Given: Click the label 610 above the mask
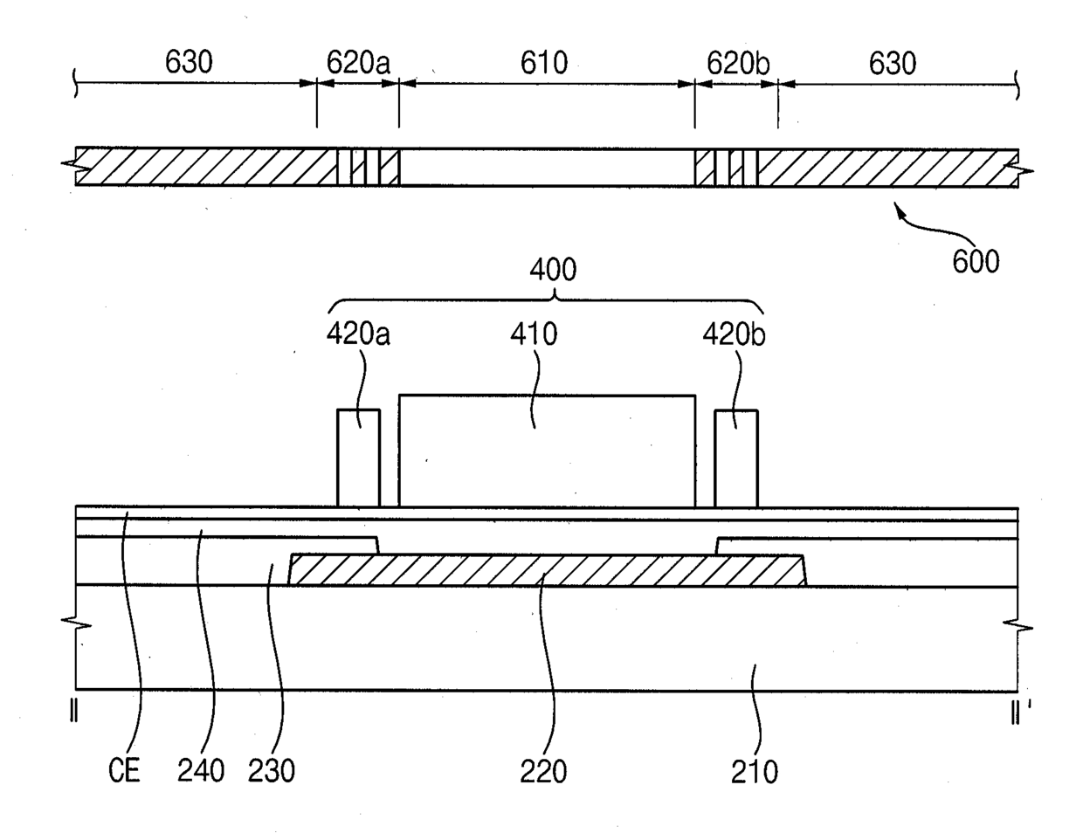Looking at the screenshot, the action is click(544, 63).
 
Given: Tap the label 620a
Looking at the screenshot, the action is click(358, 63).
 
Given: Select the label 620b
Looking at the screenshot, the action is click(738, 64).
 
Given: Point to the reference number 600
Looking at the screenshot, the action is click(976, 261).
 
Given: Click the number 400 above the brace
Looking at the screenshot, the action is click(553, 270).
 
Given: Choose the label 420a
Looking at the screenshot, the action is click(358, 334).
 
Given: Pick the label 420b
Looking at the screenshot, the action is click(735, 334).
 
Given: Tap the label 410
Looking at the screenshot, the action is click(534, 334).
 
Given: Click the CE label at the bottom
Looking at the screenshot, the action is click(124, 770).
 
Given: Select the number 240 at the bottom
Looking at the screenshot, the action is click(201, 771).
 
